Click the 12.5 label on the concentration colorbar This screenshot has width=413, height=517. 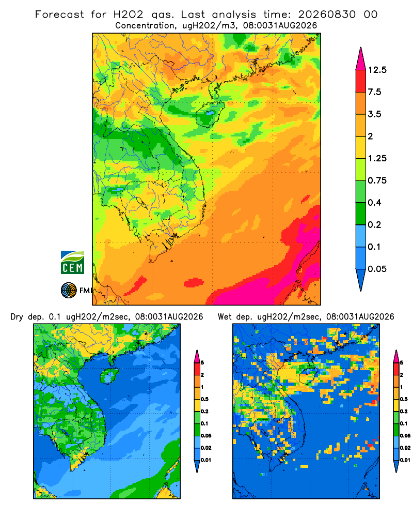tap(377, 70)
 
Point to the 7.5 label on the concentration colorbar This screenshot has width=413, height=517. tap(374, 92)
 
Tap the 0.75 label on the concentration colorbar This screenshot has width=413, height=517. tap(377, 180)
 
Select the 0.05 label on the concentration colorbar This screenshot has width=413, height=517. tap(377, 269)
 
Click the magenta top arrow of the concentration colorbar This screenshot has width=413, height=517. tap(361, 59)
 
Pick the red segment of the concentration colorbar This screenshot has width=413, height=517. tap(361, 81)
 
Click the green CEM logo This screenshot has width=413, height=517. tap(72, 263)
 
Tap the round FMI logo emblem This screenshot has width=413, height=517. tap(69, 291)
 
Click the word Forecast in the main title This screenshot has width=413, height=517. tap(59, 14)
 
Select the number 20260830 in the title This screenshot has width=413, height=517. tap(327, 14)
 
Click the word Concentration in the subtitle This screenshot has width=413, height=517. tap(145, 25)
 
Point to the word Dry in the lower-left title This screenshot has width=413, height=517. tap(17, 317)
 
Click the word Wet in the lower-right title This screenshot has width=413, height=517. tap(225, 317)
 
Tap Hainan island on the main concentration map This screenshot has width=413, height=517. tap(210, 113)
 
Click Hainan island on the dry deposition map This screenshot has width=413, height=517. tap(108, 375)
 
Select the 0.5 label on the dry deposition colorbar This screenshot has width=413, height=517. tap(204, 399)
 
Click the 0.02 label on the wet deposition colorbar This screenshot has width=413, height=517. tap(405, 448)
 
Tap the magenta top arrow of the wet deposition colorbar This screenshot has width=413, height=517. tap(396, 356)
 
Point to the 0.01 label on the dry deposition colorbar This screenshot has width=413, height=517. tap(206, 460)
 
